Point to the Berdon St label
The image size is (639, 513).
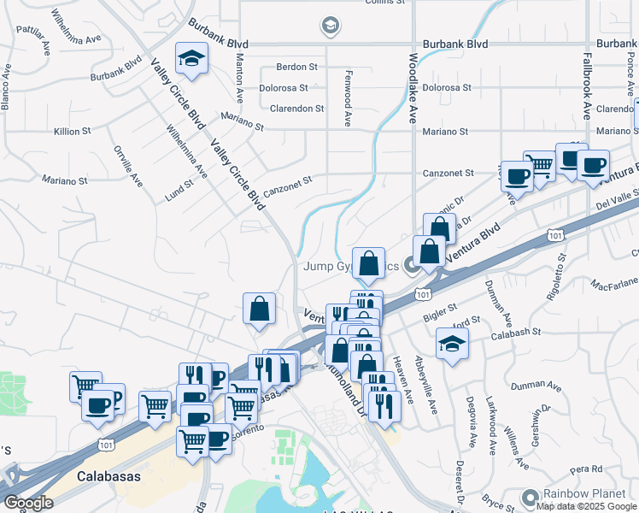coord(297,66)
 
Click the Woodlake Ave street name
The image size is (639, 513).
coord(413,89)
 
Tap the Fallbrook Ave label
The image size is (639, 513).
coord(587,88)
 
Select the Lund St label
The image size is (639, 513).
coord(179,191)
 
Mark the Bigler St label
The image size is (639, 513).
coord(442,309)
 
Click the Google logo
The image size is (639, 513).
coord(28,503)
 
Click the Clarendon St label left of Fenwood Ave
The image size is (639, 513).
coord(296,109)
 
